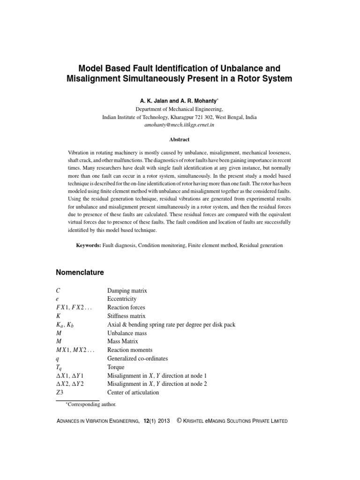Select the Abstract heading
(180, 139)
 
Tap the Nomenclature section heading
(80, 272)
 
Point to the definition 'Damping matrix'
(127, 291)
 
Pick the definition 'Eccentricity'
(122, 299)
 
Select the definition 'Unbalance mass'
(127, 333)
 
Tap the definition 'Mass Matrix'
(124, 341)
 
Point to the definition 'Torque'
(116, 367)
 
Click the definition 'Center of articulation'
(133, 392)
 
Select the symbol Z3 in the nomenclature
(60, 392)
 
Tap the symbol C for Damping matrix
(58, 291)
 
